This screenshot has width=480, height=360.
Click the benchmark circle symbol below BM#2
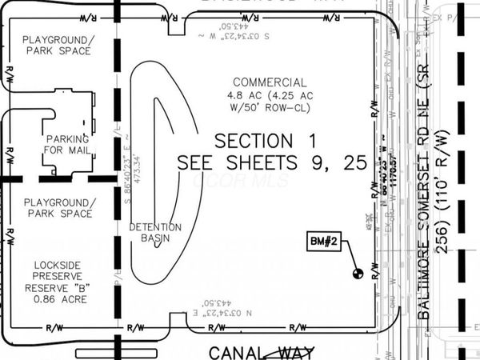(x=358, y=273)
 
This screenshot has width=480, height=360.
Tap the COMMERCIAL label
(x=269, y=82)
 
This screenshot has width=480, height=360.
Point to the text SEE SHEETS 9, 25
(x=272, y=162)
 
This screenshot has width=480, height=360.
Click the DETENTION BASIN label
(x=155, y=233)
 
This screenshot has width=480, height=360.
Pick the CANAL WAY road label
(x=262, y=351)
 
